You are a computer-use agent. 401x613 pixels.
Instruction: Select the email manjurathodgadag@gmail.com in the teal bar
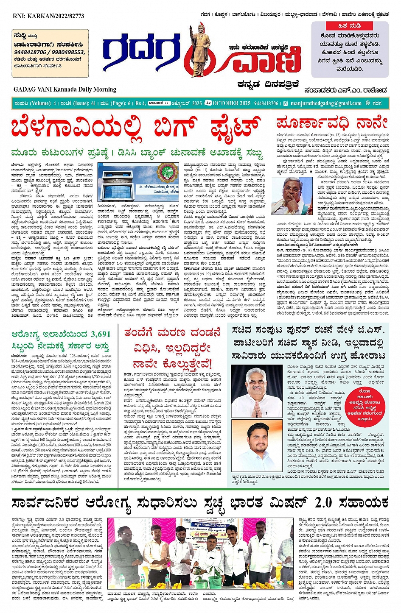click(326, 103)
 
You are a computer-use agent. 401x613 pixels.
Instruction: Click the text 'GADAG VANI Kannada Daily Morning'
click(64, 89)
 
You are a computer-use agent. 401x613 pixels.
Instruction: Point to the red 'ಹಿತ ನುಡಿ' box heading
click(350, 26)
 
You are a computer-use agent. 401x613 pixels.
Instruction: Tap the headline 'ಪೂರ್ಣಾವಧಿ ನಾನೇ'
click(332, 123)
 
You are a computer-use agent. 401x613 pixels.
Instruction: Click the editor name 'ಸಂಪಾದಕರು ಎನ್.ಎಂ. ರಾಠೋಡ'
click(345, 90)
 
